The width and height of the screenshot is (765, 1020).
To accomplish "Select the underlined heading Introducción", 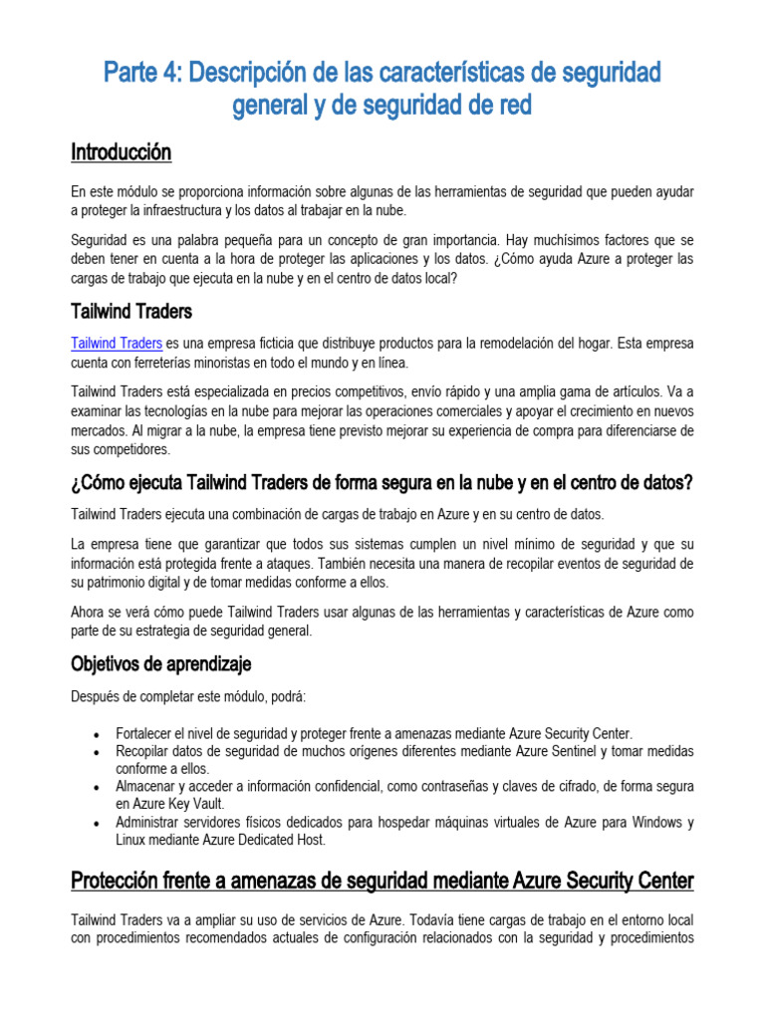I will click(121, 152).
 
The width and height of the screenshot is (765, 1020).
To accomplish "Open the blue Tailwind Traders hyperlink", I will click(117, 344).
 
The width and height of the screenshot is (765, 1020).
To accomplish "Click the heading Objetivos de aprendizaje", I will click(161, 663).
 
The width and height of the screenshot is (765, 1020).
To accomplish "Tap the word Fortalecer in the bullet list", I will click(147, 732).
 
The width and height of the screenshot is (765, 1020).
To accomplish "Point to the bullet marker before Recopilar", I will click(95, 752).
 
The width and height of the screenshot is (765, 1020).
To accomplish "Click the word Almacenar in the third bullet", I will click(148, 787).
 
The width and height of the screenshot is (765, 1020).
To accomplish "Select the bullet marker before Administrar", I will click(95, 824).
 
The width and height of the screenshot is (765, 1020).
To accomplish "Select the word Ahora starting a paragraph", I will click(91, 611).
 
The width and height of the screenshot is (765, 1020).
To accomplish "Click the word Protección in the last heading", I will click(119, 882).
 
